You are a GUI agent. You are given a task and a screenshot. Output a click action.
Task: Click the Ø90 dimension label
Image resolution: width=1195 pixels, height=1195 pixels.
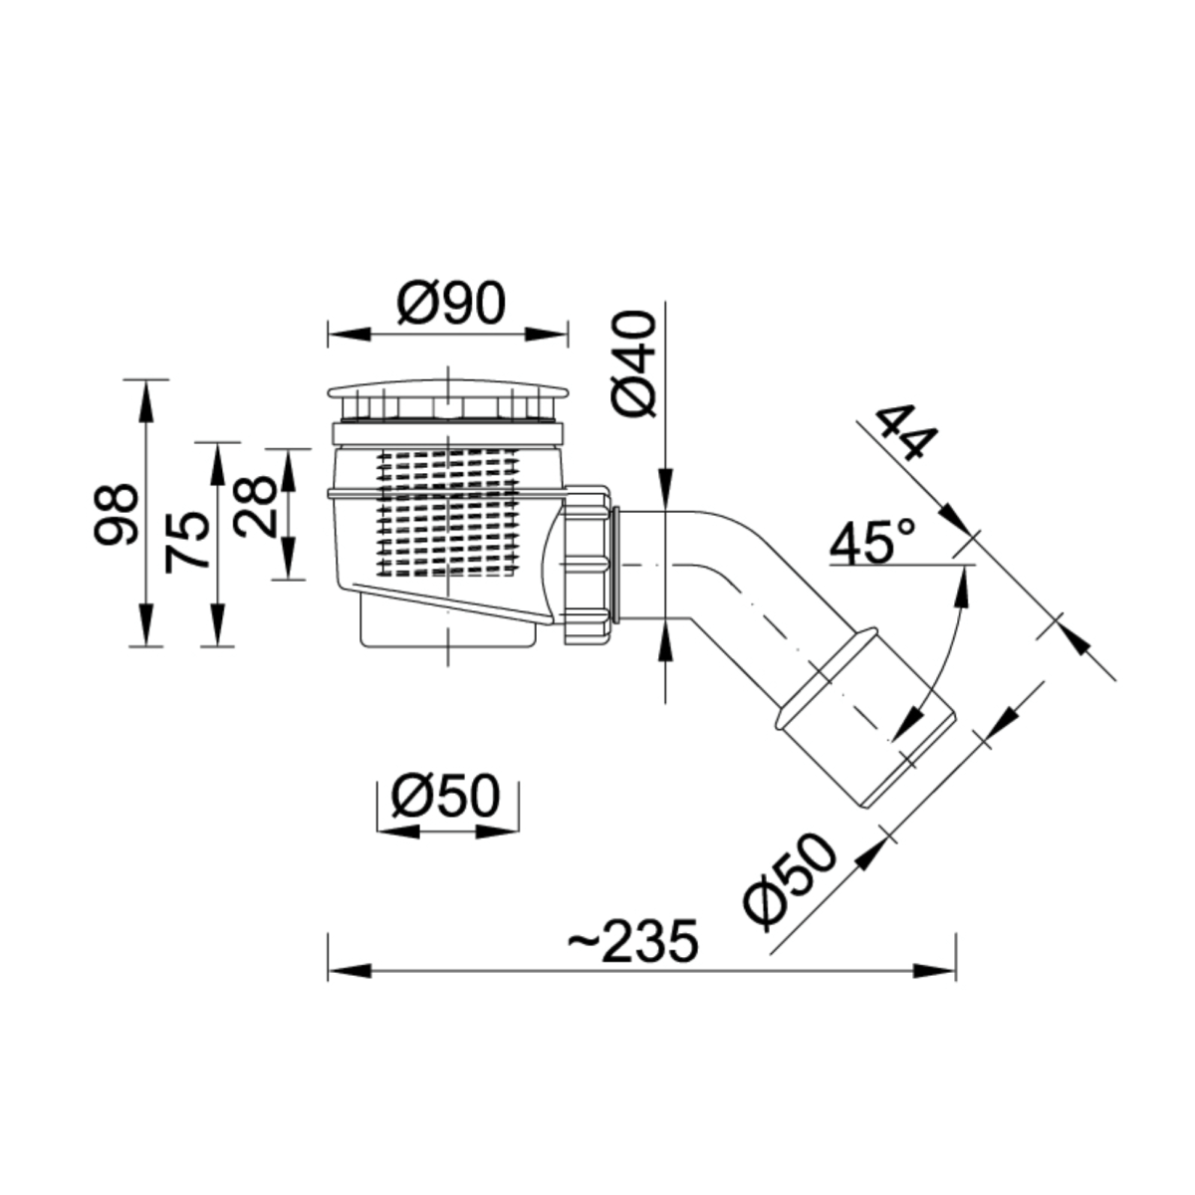point(451,304)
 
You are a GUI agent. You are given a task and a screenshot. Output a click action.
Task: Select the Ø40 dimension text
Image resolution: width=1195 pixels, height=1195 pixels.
point(633,363)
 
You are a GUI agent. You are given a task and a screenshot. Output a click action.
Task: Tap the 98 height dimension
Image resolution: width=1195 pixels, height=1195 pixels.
point(116,514)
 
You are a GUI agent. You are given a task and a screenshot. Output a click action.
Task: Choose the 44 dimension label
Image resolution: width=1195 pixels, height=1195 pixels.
point(905,433)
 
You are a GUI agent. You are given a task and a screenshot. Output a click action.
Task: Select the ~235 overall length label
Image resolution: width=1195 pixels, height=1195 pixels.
point(633,941)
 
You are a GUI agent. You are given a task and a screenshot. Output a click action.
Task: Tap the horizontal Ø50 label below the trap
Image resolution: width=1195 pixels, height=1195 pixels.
point(445,795)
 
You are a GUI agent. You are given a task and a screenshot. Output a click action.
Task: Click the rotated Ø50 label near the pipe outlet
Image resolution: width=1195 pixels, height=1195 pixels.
point(789,882)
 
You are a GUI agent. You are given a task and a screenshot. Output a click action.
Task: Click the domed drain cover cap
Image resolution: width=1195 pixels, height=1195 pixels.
point(448,392)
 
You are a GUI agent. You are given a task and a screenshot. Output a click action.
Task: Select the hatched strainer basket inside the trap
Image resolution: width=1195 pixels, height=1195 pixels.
point(448,512)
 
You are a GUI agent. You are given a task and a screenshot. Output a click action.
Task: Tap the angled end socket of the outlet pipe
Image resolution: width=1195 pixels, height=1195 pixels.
point(865,718)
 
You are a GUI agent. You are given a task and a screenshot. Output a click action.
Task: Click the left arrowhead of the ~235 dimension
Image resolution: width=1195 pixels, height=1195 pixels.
point(350,971)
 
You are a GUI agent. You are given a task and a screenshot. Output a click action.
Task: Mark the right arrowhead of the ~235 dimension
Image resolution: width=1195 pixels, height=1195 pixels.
point(934,971)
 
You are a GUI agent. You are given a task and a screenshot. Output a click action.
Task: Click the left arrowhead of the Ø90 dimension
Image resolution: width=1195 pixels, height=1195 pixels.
point(350,335)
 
